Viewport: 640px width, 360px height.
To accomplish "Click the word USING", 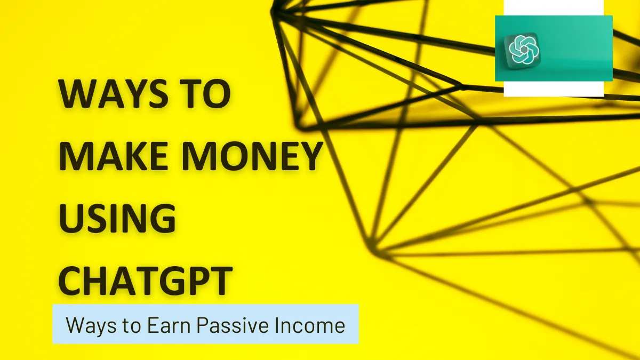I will [x=117, y=218].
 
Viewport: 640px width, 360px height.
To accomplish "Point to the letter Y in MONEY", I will [x=307, y=156].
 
